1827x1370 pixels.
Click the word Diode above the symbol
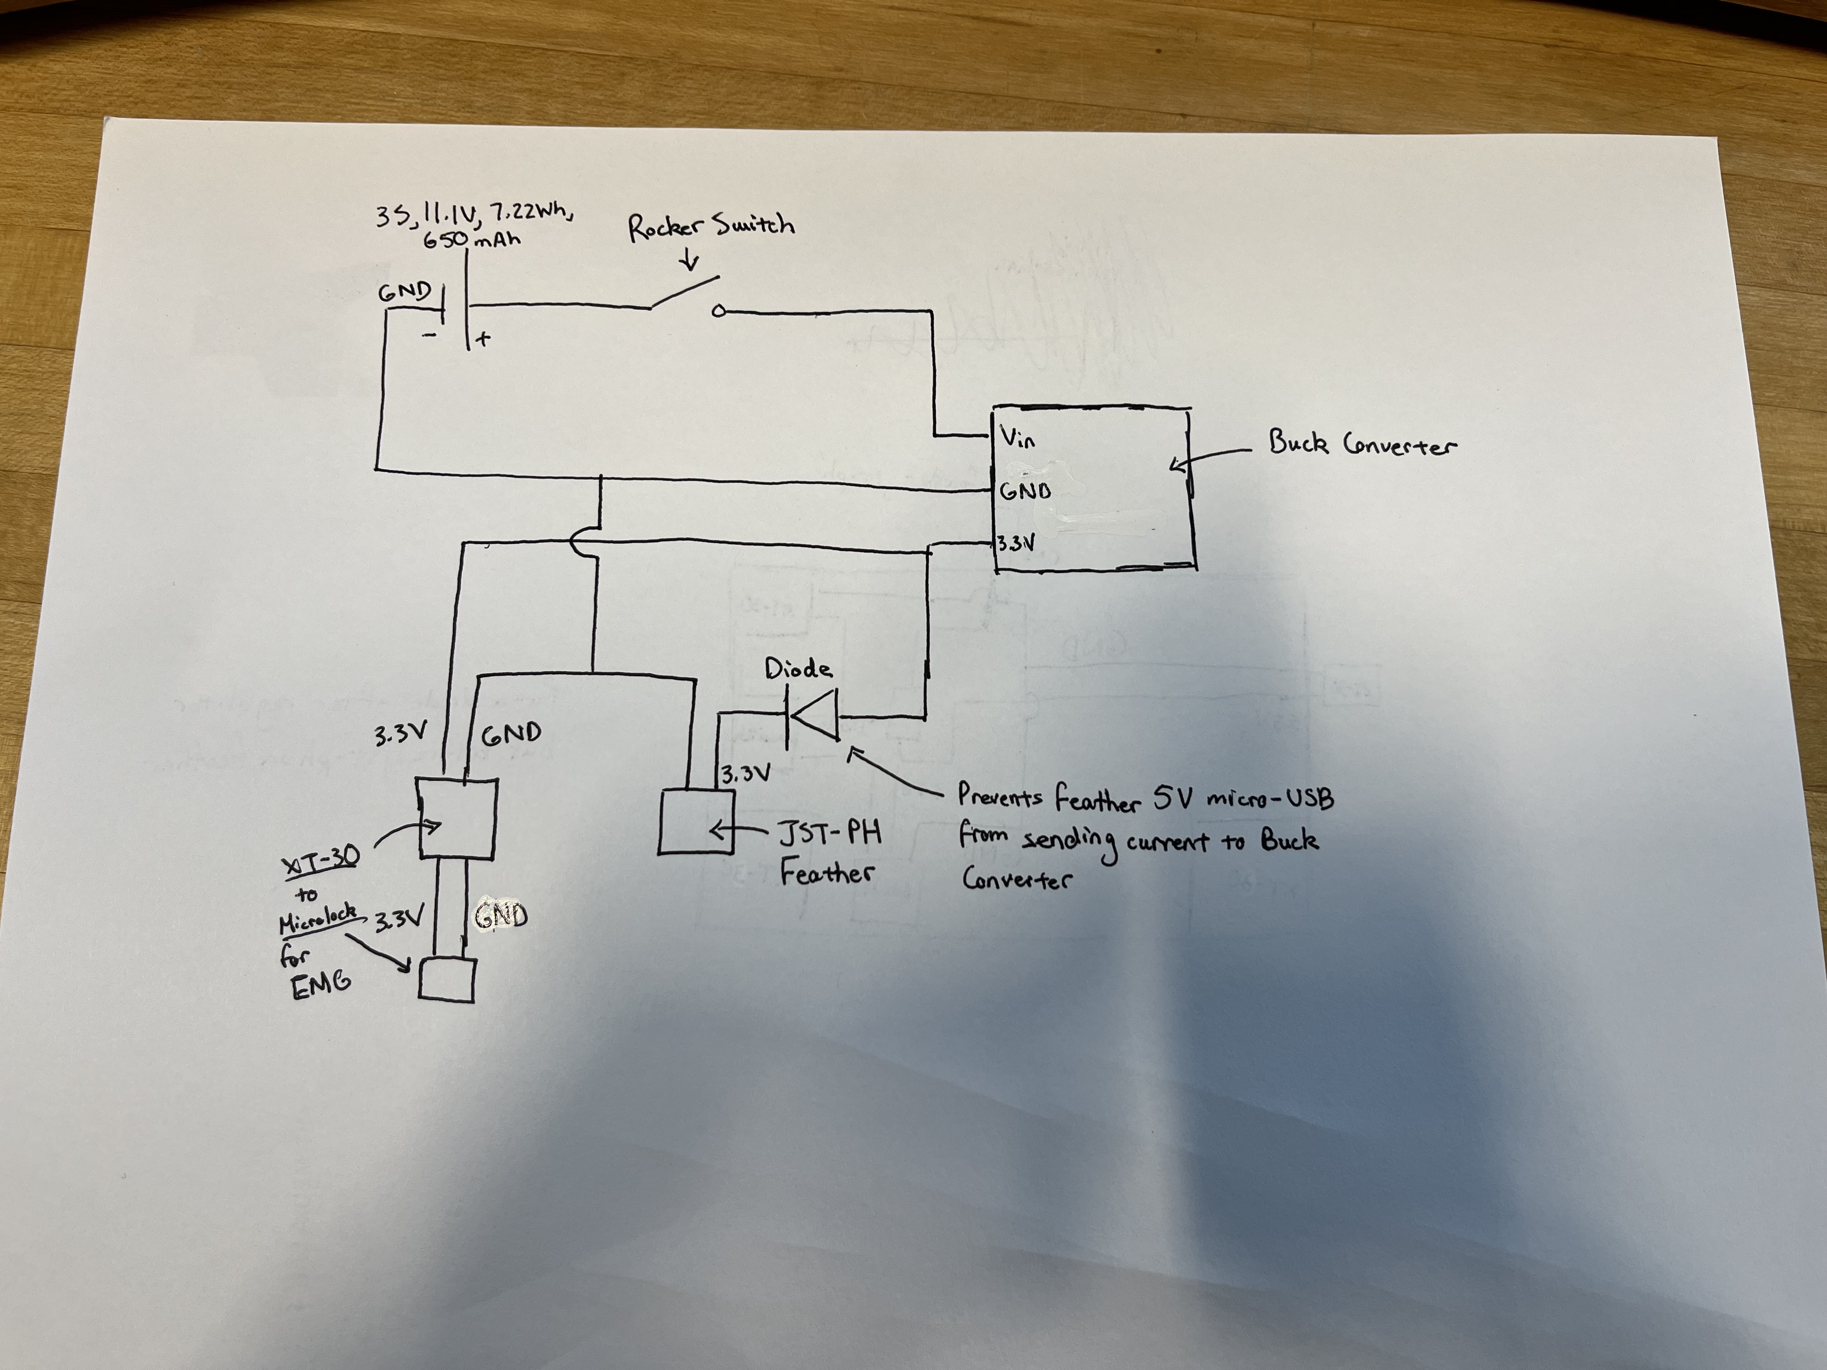click(798, 668)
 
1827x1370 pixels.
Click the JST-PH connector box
click(696, 822)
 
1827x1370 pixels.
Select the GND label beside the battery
click(405, 292)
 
